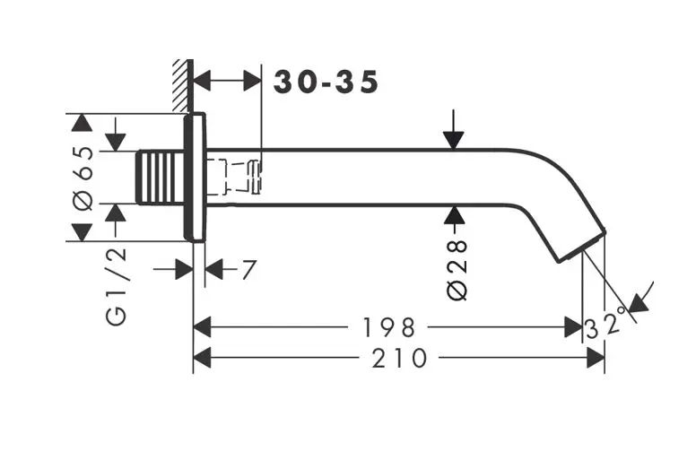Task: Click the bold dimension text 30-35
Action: coord(326,82)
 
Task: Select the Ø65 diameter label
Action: coord(83,176)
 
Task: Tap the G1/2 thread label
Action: coord(117,287)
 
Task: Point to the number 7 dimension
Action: coord(248,269)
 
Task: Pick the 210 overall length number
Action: coord(398,359)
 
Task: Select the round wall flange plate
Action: coord(196,177)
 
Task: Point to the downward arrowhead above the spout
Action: coord(454,139)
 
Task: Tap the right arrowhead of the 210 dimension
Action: coord(595,359)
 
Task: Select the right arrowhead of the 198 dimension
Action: coord(573,326)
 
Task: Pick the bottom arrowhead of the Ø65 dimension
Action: coord(82,230)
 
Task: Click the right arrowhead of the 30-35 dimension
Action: coord(250,81)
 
